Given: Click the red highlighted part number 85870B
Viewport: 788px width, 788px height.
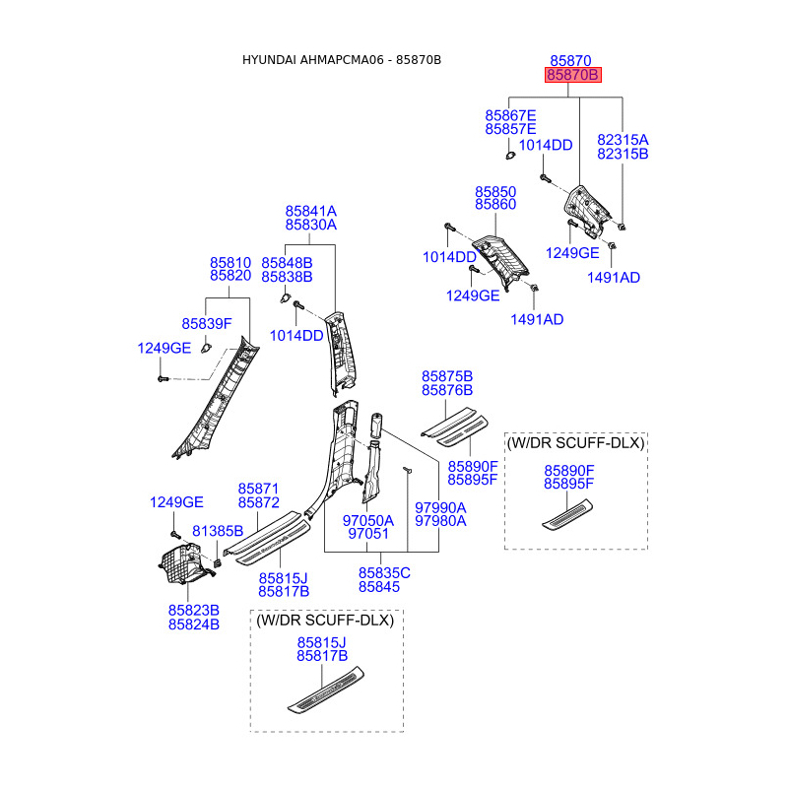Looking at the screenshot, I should point(573,75).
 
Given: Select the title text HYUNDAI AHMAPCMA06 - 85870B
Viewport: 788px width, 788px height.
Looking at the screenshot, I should point(342,60).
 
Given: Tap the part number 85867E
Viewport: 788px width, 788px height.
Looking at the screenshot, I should point(510,115).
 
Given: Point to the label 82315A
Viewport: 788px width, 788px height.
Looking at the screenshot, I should point(623,140).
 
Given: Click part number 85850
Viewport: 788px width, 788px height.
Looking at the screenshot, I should point(495,190).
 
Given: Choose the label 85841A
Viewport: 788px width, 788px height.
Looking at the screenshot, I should point(311,211).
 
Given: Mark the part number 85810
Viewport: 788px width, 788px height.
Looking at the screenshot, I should point(230,263).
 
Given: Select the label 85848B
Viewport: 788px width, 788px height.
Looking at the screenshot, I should point(287,263).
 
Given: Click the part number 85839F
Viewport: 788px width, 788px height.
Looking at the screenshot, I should point(206,324).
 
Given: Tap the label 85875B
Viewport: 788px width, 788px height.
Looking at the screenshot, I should point(447,376).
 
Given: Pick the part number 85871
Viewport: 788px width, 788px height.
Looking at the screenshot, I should point(258,489).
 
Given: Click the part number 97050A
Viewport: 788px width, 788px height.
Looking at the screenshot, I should point(367,520).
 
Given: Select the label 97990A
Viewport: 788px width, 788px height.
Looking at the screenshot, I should point(440,507).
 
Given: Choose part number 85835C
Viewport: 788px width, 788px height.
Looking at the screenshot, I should point(384,573).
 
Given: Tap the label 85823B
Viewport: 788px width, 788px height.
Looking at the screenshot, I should point(194,611).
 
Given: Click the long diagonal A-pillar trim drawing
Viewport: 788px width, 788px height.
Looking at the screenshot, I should point(215,399).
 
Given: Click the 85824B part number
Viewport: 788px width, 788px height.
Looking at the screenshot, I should point(194,624).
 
